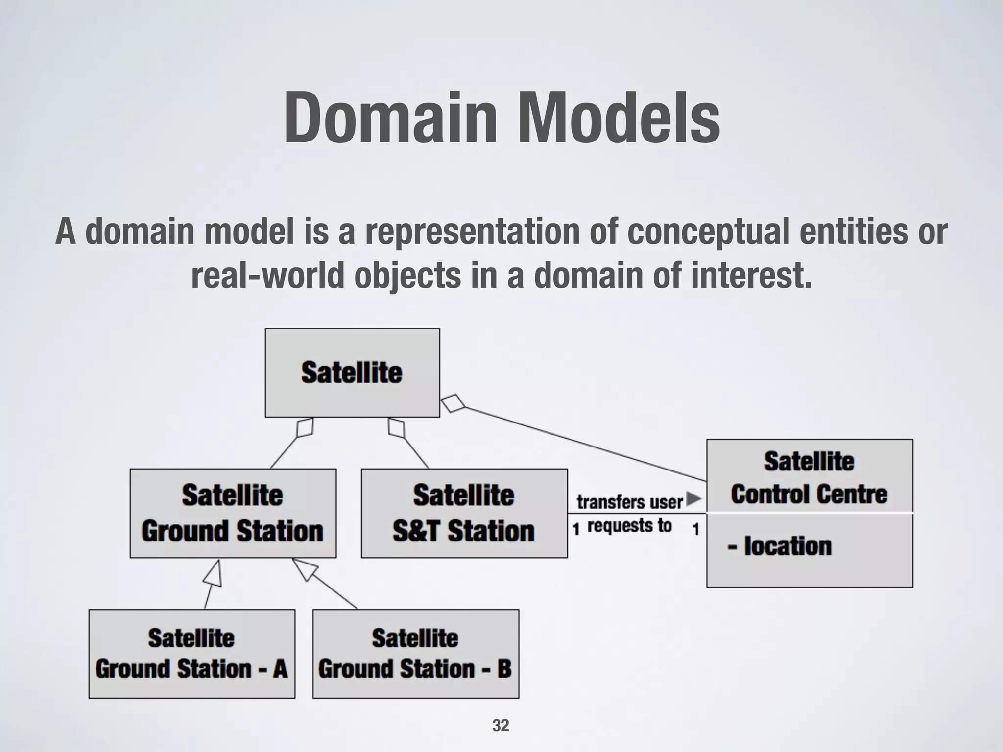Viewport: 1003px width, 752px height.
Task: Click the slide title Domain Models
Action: (x=501, y=119)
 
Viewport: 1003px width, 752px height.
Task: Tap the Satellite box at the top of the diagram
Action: (x=352, y=373)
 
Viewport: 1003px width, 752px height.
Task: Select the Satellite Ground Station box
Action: (x=233, y=513)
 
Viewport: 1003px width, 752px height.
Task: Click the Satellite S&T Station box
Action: (x=464, y=513)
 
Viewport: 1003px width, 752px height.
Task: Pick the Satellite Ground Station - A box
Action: (x=191, y=654)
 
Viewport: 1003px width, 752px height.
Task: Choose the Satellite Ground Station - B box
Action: (x=415, y=654)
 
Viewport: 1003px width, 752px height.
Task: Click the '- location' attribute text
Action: (x=780, y=546)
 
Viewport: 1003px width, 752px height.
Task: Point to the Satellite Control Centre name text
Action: (x=809, y=477)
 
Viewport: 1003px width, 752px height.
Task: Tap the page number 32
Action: (x=501, y=725)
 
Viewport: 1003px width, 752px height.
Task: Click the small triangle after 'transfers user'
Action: (x=693, y=499)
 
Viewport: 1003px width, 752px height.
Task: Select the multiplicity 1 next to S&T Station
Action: (x=576, y=529)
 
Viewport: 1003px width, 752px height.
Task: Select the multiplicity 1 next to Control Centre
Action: (x=695, y=529)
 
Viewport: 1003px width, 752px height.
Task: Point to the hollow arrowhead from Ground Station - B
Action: (x=305, y=569)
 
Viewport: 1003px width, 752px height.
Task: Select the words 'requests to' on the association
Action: (x=629, y=526)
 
